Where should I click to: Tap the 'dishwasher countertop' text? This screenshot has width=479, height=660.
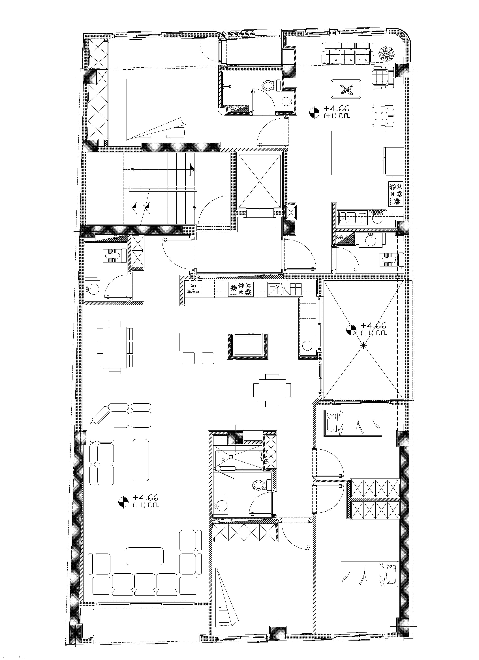click(x=377, y=213)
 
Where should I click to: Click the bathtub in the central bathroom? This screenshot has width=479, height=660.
click(x=239, y=460)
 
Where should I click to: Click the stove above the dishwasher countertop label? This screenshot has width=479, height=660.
click(x=395, y=194)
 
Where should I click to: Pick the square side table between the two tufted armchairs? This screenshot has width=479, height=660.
click(x=382, y=96)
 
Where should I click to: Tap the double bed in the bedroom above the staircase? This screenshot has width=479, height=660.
click(x=156, y=110)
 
